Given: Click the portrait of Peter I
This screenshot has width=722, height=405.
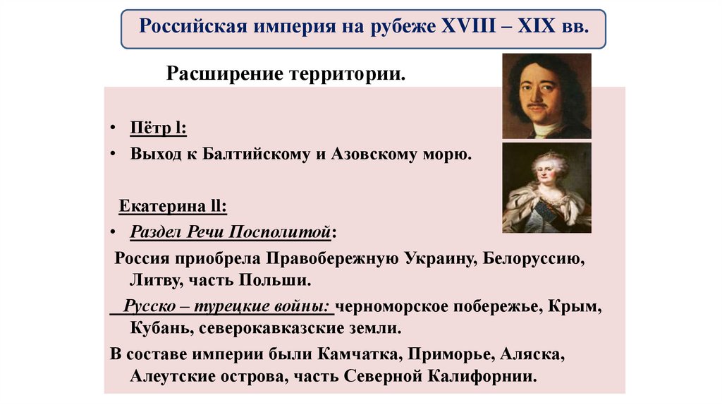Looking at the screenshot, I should [546, 96].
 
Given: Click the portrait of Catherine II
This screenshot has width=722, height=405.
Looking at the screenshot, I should [546, 188].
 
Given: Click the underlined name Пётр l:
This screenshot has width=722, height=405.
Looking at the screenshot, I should [158, 129].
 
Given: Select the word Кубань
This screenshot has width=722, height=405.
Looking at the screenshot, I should [159, 328].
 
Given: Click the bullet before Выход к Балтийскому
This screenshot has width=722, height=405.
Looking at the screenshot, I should [113, 154].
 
